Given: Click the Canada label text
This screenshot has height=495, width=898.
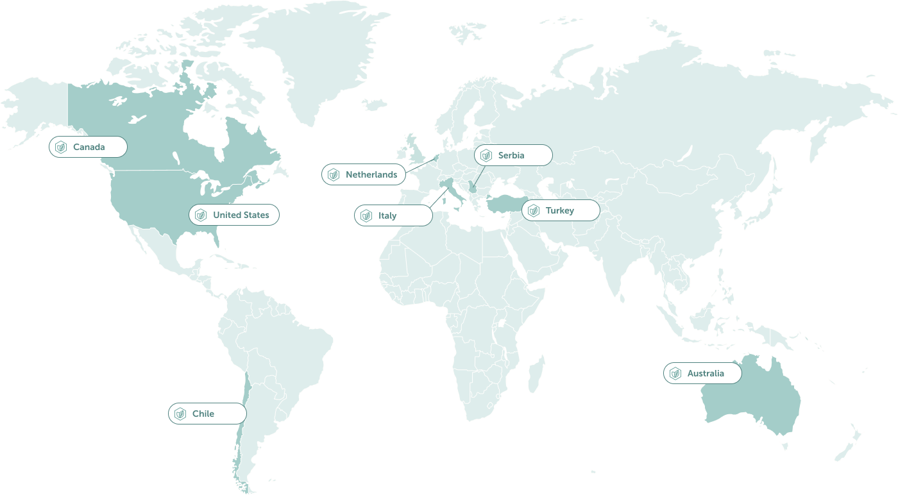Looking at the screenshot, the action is pos(89,147).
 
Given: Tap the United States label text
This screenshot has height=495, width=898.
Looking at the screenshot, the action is pos(241,215).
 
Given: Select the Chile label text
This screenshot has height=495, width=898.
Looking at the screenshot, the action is pos(203,414).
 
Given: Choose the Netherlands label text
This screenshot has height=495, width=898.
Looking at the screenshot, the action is pos(371,175).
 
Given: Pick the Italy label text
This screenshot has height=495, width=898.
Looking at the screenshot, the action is pos(387,216).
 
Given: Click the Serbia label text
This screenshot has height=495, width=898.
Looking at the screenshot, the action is pos(511,155).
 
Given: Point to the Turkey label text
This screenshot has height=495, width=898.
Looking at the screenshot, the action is pos(560,211).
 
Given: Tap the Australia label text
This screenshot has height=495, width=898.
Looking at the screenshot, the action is pos(706,374).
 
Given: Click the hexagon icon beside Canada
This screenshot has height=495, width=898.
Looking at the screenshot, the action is pos(61,147).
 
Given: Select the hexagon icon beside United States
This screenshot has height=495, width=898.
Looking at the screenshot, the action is pos(201,215).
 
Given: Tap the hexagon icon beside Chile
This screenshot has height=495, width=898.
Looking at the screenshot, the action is pos(180,414).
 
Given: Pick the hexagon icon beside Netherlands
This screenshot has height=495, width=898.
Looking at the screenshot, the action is pos(334,175).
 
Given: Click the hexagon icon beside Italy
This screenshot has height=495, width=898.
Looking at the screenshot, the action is pos(366,216).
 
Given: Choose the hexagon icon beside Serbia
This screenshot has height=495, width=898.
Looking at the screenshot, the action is pos(486,155).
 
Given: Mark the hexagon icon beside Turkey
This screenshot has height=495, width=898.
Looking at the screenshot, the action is pos(534,211).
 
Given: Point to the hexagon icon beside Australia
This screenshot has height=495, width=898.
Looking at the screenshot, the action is pos(675,374).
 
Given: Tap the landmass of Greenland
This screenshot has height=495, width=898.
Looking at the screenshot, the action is pos(321,58).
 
